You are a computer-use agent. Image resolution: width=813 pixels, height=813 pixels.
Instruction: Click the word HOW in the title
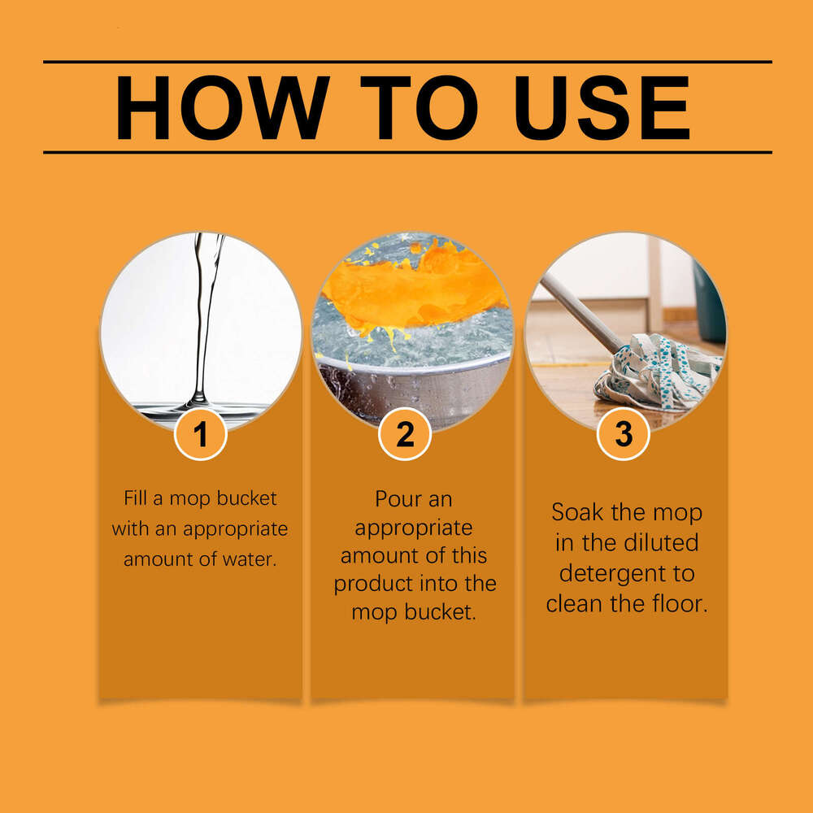tap(221, 108)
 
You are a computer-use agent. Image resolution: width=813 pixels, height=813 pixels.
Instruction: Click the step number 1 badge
tap(200, 434)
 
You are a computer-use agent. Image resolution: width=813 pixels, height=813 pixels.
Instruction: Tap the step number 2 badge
tap(405, 434)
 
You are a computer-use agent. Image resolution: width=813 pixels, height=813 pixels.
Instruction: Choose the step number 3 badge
tap(623, 434)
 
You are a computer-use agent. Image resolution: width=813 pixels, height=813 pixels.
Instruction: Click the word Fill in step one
tap(136, 498)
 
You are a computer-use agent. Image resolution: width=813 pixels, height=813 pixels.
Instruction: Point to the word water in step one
tap(250, 559)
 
